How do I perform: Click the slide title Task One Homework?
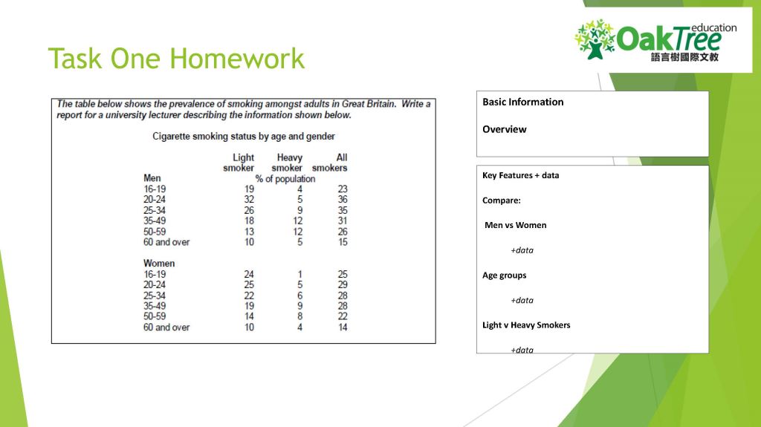point(176,59)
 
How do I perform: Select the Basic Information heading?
point(522,102)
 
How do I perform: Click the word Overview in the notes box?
point(504,129)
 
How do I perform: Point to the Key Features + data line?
point(520,175)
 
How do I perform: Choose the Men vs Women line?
point(515,225)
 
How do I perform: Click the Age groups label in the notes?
point(504,276)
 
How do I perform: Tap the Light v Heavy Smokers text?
point(526,325)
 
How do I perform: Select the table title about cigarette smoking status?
point(243,136)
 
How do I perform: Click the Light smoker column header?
point(240,163)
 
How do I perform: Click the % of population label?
point(285,179)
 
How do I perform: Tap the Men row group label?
point(152,178)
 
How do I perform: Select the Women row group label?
point(159,264)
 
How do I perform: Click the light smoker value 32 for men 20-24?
point(248,200)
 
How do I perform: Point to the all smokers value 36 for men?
point(342,200)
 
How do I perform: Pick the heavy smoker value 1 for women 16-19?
point(299,274)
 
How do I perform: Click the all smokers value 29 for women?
point(342,285)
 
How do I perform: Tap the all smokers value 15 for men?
point(342,242)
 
